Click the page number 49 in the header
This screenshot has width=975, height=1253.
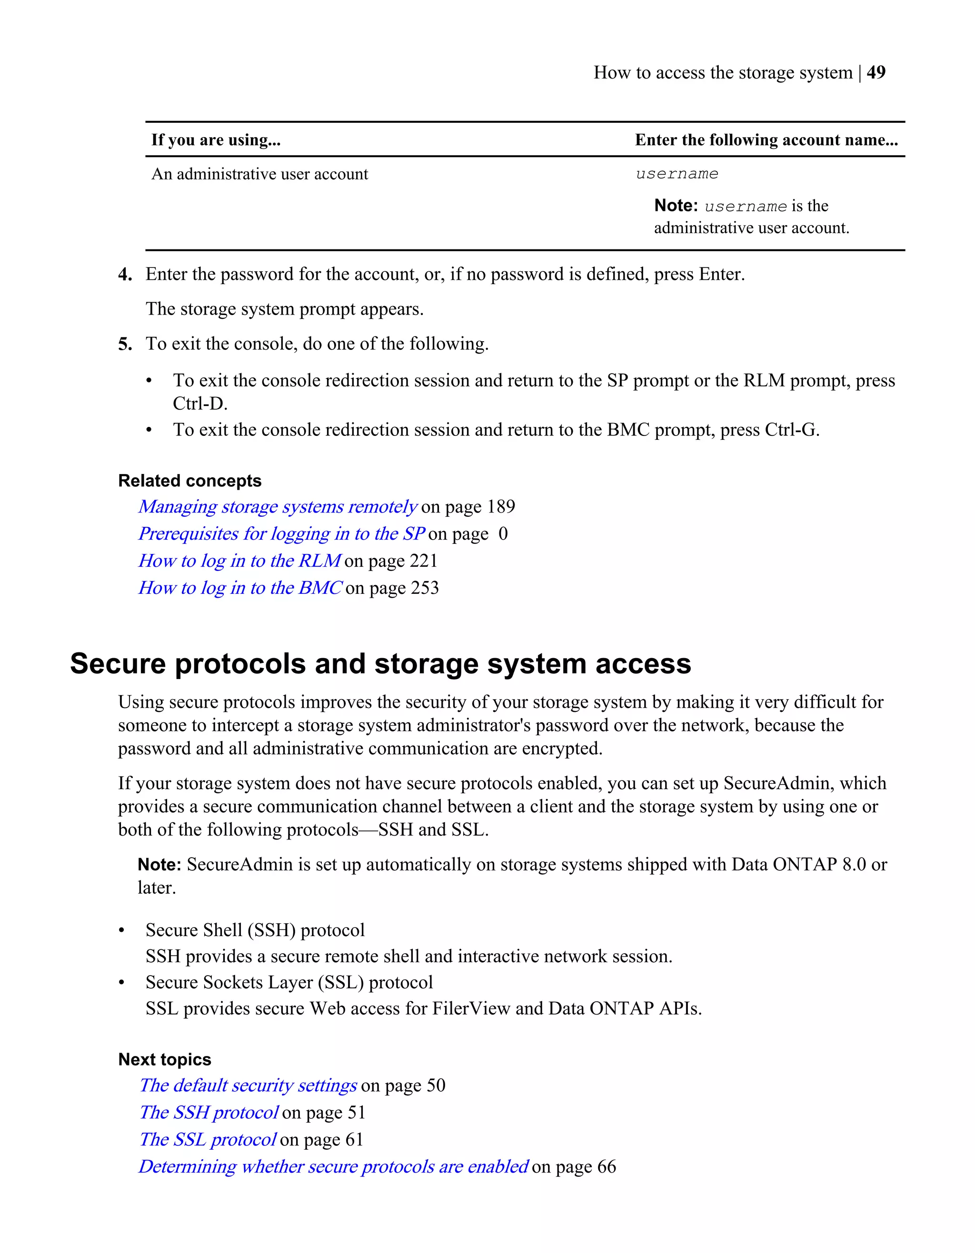pos(876,72)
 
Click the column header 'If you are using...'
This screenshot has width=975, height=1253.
pos(216,140)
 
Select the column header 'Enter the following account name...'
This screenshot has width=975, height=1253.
pos(766,140)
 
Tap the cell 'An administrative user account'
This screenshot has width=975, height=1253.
pos(259,174)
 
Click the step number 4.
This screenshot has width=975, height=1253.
pos(125,275)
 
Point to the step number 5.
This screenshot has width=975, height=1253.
pos(125,344)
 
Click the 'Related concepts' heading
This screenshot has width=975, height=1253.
pos(189,481)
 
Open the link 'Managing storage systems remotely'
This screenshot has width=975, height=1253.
pos(277,507)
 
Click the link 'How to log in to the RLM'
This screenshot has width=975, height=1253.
pos(239,561)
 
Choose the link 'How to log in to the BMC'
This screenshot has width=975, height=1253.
pos(240,588)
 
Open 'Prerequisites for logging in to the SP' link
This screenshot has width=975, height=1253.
pos(281,533)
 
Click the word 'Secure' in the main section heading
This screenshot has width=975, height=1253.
pos(117,664)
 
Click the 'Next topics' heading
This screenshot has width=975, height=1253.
pos(165,1060)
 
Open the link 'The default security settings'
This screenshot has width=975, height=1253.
pos(248,1085)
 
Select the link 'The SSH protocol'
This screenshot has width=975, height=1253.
pos(209,1113)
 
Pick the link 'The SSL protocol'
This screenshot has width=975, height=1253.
pos(208,1139)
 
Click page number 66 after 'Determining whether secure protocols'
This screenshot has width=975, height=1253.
pos(606,1167)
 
